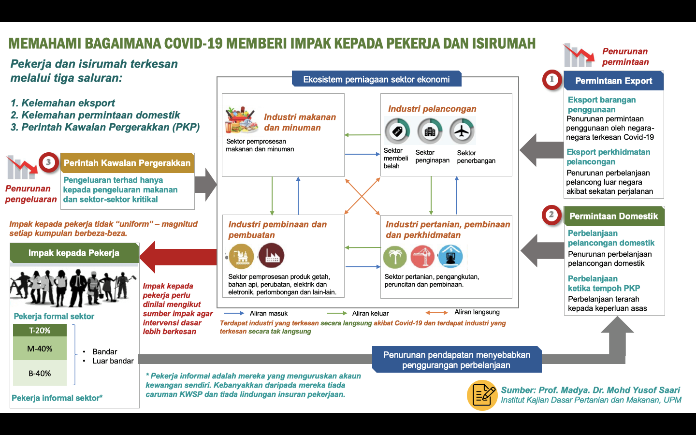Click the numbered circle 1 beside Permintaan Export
point(552,80)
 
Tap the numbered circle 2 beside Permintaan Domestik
point(551,215)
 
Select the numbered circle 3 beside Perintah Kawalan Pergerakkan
point(48,162)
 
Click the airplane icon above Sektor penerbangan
point(462,131)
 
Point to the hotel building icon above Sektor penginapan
point(430,131)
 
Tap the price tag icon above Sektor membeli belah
point(397,131)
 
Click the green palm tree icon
point(395,257)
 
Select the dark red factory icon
point(271,256)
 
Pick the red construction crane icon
point(422,257)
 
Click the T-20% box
point(40,330)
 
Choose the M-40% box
point(40,348)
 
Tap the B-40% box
point(40,373)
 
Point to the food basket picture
point(242,120)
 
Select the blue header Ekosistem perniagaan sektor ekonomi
point(376,79)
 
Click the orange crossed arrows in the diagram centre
point(362,196)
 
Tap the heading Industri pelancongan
point(432,109)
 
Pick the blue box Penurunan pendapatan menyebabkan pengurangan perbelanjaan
point(457,360)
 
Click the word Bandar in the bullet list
point(105,352)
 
